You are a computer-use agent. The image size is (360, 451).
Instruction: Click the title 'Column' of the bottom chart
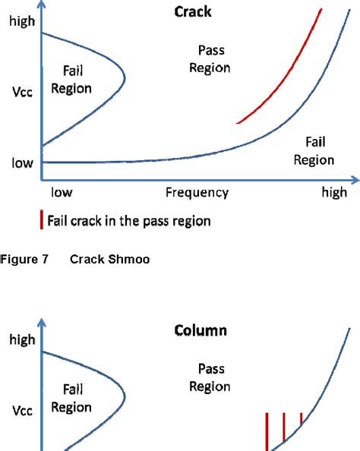click(201, 331)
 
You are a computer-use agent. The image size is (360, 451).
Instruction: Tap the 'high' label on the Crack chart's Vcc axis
click(22, 23)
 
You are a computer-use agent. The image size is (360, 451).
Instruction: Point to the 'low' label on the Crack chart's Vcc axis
click(22, 162)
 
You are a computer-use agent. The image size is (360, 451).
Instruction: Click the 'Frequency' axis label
click(197, 192)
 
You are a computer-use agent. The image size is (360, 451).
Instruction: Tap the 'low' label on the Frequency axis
click(62, 192)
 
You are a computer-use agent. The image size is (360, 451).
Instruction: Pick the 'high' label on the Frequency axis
click(333, 192)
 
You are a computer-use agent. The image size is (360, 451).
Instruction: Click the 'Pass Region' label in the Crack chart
click(213, 59)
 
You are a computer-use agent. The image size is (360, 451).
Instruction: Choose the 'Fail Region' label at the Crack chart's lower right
click(314, 151)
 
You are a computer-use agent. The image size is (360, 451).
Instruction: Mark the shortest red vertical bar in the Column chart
click(302, 419)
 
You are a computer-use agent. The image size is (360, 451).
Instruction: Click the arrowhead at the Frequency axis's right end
click(352, 181)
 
